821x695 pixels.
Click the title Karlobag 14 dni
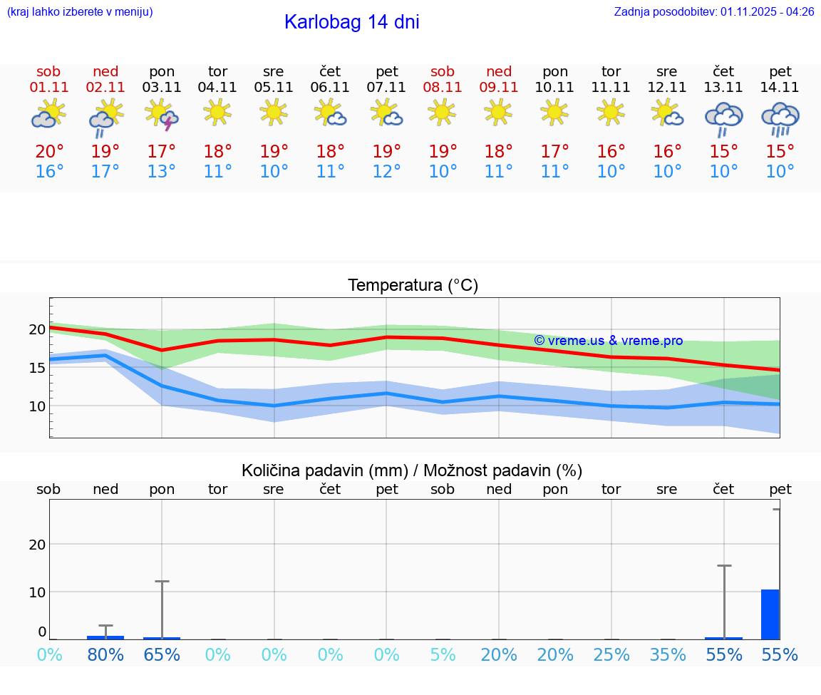351,22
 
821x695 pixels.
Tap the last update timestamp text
713,11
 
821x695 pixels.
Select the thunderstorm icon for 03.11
162,115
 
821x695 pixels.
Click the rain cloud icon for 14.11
780,118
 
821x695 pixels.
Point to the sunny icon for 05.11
274,113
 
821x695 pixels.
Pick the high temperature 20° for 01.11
49,152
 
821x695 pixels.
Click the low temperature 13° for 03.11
162,172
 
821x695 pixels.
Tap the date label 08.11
443,88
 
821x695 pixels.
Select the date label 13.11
724,88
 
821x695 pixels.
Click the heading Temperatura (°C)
413,286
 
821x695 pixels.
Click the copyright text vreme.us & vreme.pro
609,341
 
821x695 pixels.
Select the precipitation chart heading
412,470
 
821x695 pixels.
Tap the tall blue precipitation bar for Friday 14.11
770,614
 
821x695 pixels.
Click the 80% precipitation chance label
105,654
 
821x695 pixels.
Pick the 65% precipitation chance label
162,654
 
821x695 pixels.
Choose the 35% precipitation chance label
668,654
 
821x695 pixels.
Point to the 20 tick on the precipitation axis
37,545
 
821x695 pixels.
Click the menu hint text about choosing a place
80,11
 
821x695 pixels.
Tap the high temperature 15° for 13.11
724,152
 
